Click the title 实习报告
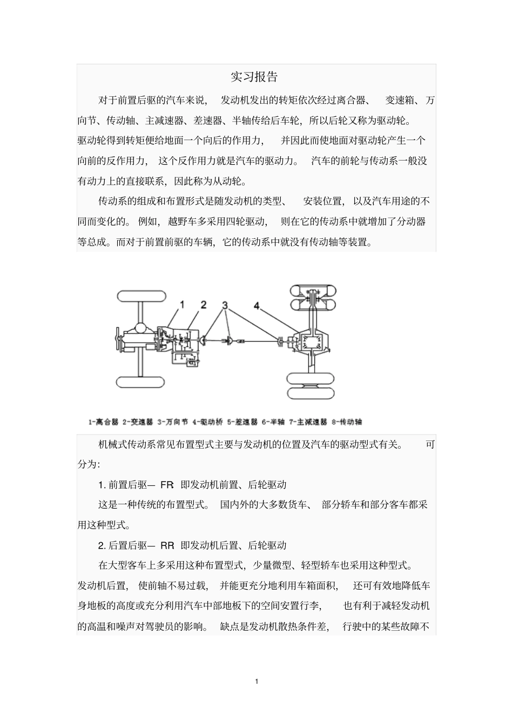point(254,77)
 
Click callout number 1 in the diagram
point(182,305)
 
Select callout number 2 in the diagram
point(203,305)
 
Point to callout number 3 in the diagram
point(224,305)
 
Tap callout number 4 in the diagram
point(257,306)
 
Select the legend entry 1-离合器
point(103,422)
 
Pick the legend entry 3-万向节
point(172,422)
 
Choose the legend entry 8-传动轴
point(347,422)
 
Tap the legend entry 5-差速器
point(242,422)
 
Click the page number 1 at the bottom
point(256,681)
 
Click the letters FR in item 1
point(167,485)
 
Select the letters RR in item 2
point(167,545)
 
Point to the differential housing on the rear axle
point(312,341)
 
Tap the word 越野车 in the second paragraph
point(184,222)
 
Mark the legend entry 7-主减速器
point(308,422)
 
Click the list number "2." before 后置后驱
point(102,545)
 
